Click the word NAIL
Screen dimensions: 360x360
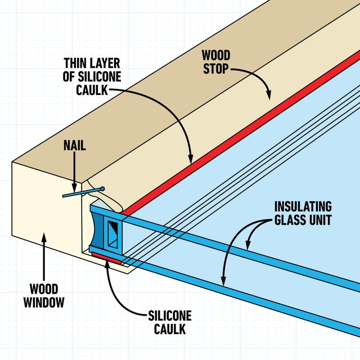pos(75,146)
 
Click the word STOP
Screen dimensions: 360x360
pos(216,68)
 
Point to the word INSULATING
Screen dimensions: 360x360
pos(303,206)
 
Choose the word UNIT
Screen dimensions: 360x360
pos(318,219)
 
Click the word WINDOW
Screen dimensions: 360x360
pos(44,303)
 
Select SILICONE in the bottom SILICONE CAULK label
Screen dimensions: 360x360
pos(170,316)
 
